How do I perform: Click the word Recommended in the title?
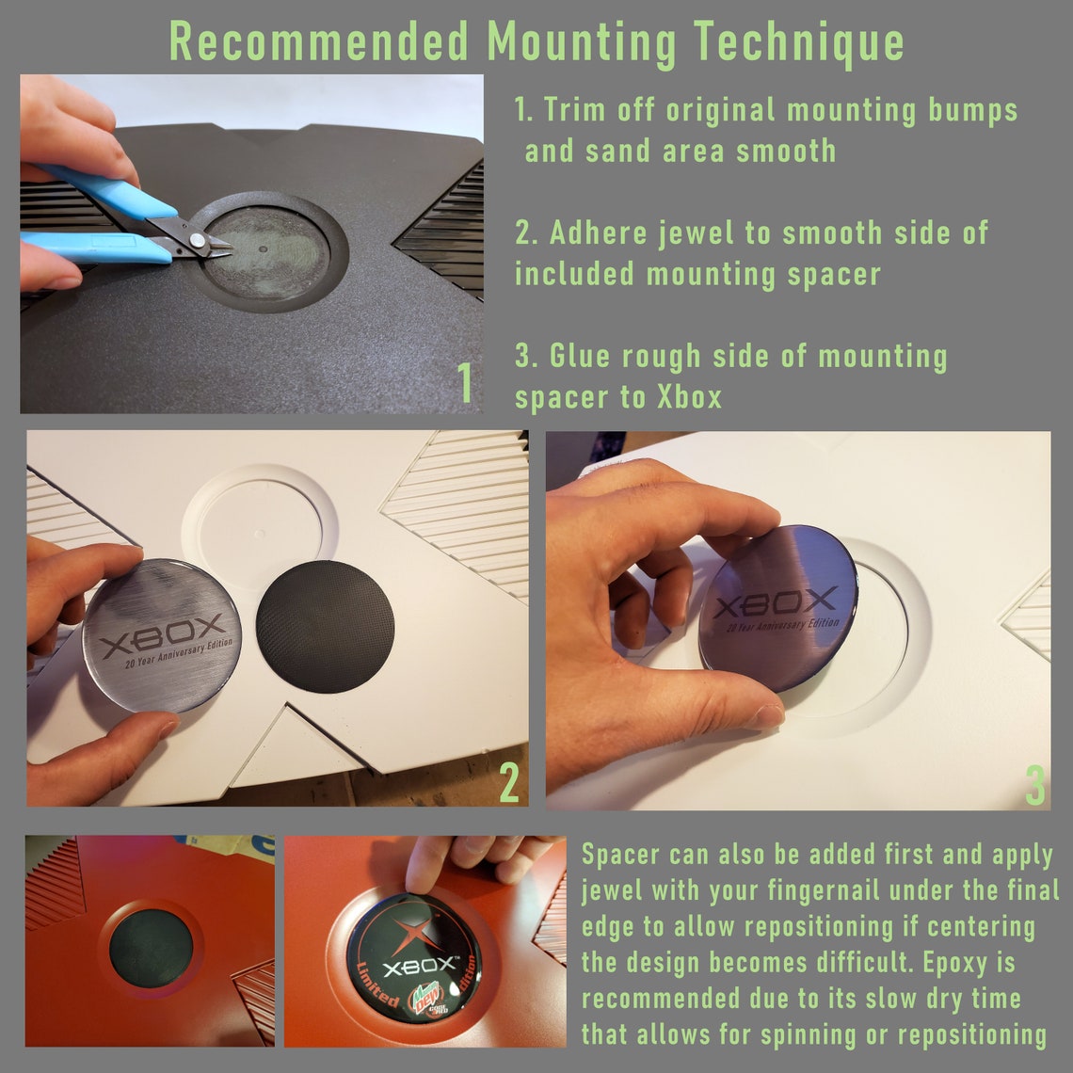[x=319, y=41]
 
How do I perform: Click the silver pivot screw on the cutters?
[x=197, y=239]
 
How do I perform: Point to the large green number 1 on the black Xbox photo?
[x=465, y=382]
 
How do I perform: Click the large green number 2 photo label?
[x=509, y=781]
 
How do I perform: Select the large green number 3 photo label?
[x=1035, y=786]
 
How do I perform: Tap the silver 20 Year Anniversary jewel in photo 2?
[x=162, y=635]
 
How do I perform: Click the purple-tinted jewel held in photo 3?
[x=778, y=608]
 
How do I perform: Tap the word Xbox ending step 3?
[x=689, y=397]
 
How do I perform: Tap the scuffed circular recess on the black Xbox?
[x=267, y=253]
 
